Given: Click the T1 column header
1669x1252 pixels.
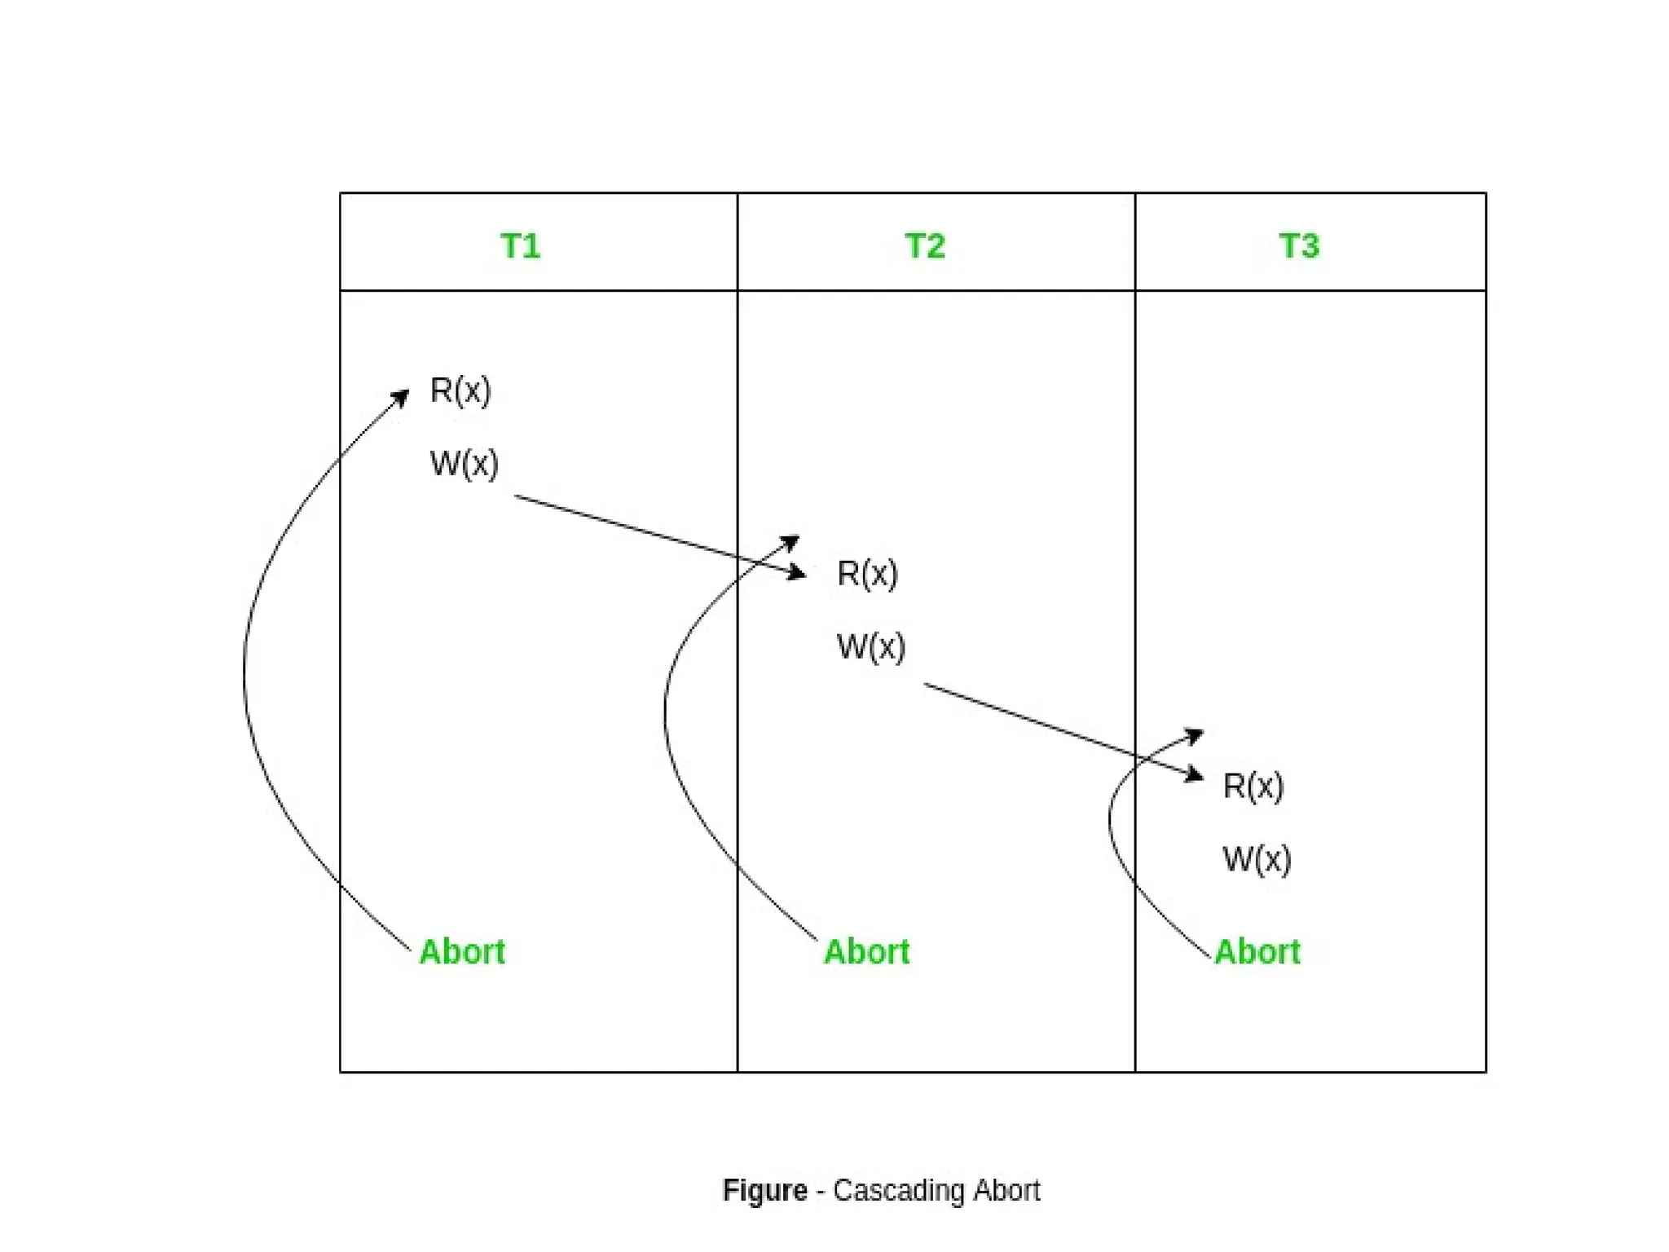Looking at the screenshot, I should coord(520,246).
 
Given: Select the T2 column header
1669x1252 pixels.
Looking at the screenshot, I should coord(925,246).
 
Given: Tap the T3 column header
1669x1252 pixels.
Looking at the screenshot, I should coord(1299,246).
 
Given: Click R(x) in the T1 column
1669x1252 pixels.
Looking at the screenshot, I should coord(460,390).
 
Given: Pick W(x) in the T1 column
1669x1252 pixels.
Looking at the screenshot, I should coord(464,464).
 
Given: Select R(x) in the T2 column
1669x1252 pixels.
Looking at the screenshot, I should coord(867,574).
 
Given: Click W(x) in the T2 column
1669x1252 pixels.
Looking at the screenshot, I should coord(871,647).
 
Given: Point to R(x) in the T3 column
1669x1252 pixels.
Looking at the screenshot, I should coord(1253,787).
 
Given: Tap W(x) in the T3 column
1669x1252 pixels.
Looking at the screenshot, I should coord(1257,860).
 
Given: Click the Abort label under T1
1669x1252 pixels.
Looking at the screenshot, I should coord(462,952).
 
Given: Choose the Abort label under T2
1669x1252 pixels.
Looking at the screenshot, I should coord(867,952).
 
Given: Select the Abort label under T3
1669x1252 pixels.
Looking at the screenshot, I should coord(1257,952).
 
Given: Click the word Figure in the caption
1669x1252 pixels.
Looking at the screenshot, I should coord(764,1191).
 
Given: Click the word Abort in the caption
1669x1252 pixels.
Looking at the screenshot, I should coord(1006,1191).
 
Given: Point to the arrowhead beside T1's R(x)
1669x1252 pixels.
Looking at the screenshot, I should coord(400,398).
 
